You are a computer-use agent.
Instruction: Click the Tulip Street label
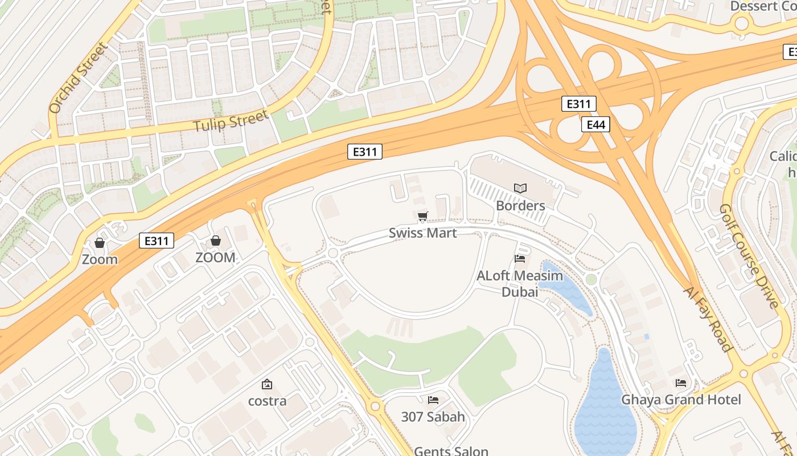(x=231, y=121)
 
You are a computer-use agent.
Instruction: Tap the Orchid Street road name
(x=77, y=78)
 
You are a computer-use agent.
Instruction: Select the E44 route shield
(x=595, y=124)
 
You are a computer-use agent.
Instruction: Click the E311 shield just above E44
(x=579, y=104)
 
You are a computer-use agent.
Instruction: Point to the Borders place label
(x=520, y=205)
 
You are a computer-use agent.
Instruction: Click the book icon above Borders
(x=520, y=188)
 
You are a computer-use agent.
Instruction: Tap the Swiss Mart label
(x=422, y=233)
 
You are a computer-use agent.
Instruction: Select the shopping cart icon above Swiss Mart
(x=422, y=216)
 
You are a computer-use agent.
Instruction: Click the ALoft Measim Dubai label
(x=519, y=284)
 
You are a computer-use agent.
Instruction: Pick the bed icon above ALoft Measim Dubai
(x=519, y=259)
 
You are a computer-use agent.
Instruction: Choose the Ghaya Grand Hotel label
(x=681, y=400)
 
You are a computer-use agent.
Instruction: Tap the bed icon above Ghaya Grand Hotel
(x=681, y=383)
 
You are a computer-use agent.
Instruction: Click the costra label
(x=267, y=401)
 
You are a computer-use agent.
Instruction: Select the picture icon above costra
(x=266, y=385)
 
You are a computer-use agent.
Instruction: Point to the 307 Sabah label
(x=433, y=417)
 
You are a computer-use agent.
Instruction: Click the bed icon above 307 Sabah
(x=433, y=400)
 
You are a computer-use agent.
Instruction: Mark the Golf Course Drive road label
(x=749, y=256)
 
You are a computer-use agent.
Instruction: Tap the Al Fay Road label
(x=707, y=319)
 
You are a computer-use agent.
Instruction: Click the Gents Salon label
(x=451, y=451)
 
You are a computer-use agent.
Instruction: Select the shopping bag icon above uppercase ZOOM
(x=216, y=241)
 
